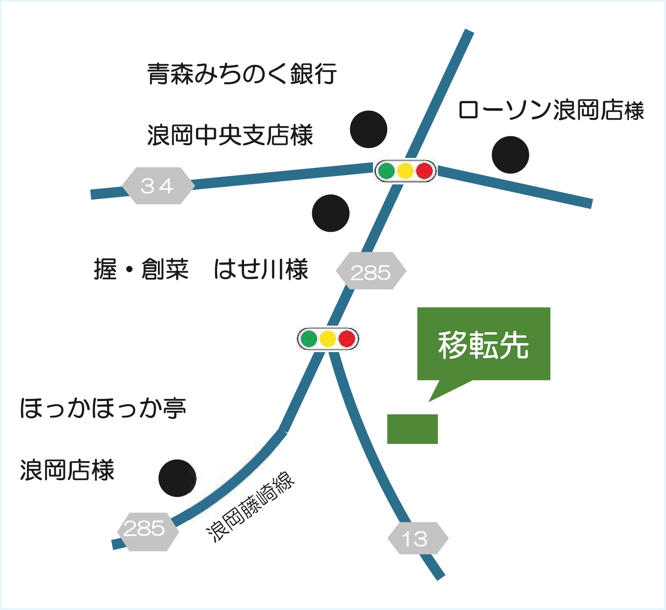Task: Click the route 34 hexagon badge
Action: coord(158,186)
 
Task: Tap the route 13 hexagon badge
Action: coord(417,539)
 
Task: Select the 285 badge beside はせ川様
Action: coord(371,271)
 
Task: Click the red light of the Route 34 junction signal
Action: coord(424,171)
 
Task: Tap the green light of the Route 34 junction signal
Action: coord(386,171)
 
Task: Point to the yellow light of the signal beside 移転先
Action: coord(328,339)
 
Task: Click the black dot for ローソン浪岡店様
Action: coord(510,155)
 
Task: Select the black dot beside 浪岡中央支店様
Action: coord(369,129)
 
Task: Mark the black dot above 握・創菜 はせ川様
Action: coord(331,213)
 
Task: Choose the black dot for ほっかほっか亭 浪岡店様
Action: coord(177,478)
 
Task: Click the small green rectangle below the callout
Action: coord(412,429)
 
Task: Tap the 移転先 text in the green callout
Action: coord(484,345)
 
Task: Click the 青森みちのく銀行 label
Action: coord(242,74)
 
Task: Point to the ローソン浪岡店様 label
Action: coord(551,110)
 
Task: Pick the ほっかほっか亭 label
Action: coord(103,408)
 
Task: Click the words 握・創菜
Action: coord(141,269)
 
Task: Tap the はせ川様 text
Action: coord(261,269)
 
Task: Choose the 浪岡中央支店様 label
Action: coord(230,135)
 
